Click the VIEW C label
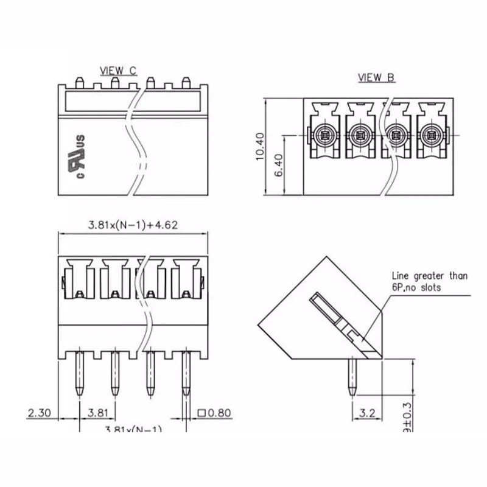(x=118, y=71)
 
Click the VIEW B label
(x=376, y=77)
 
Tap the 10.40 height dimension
(x=261, y=146)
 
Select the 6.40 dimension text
(x=279, y=165)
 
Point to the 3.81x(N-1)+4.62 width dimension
(x=133, y=225)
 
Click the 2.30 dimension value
(x=40, y=413)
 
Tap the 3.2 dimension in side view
(x=367, y=413)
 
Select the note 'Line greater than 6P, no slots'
(x=429, y=281)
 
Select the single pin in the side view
(x=352, y=377)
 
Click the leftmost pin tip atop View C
(x=79, y=81)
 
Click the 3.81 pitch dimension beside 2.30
(x=97, y=413)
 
